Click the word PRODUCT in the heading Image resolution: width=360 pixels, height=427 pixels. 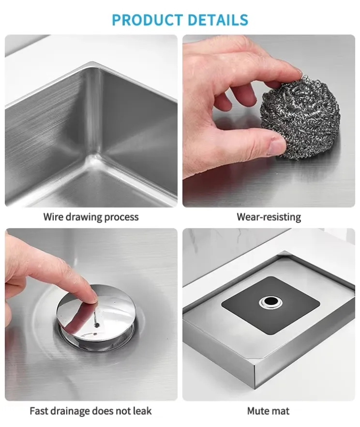point(147,19)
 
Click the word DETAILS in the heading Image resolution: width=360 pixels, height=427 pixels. point(218,19)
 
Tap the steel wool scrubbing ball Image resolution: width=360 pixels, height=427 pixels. point(300,118)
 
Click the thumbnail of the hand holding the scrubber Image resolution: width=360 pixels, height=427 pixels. point(269,121)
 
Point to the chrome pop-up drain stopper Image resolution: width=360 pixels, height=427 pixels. point(96,317)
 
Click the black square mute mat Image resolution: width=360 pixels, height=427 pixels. point(270,305)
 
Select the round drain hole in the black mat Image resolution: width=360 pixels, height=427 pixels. point(270,302)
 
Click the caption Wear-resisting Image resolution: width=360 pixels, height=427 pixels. point(269,217)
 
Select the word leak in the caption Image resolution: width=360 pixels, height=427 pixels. point(142,411)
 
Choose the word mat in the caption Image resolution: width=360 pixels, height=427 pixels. point(282,411)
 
